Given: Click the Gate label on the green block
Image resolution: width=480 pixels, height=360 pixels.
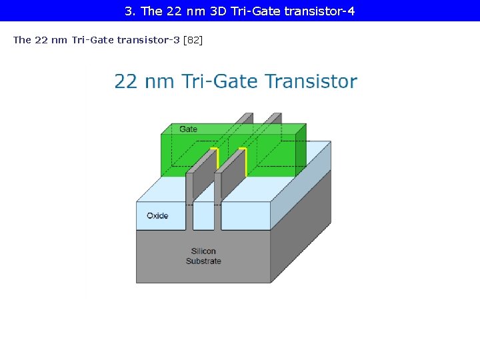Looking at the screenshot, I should point(188,129).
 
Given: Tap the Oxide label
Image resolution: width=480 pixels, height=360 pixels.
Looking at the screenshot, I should point(157,215).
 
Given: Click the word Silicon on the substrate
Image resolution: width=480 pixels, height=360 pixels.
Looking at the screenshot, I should point(203,251).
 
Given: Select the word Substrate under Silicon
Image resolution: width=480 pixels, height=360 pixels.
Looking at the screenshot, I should point(203,261).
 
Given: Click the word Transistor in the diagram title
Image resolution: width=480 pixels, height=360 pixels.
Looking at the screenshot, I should point(311,81).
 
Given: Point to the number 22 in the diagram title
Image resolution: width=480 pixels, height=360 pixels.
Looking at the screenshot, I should point(126,81).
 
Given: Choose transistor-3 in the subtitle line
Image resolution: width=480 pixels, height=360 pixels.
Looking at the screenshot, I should point(148,40).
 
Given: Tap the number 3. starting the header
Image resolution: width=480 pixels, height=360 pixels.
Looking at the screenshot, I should point(130,11).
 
